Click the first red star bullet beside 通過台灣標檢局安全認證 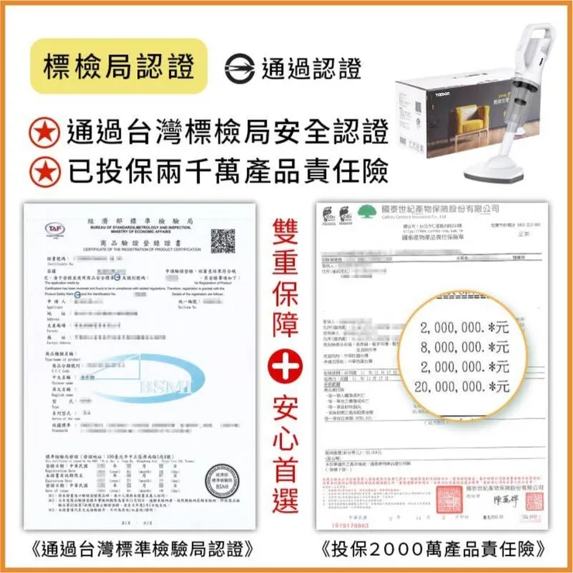[48, 132]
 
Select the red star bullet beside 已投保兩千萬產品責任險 [48, 170]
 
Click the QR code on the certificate [222, 241]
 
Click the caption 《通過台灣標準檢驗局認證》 [142, 551]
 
